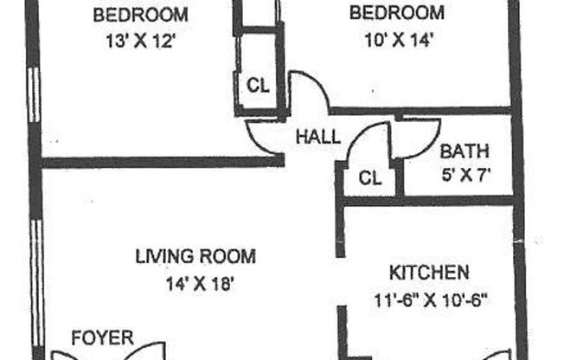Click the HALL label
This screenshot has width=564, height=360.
pos(317,137)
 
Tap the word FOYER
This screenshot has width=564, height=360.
pos(102,337)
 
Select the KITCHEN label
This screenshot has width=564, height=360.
pos(429,273)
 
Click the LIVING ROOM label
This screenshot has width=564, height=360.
pos(195,256)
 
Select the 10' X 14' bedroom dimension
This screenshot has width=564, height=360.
pos(396,38)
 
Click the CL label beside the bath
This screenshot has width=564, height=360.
pos(369,179)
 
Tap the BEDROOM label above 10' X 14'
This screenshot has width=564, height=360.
pos(396,14)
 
